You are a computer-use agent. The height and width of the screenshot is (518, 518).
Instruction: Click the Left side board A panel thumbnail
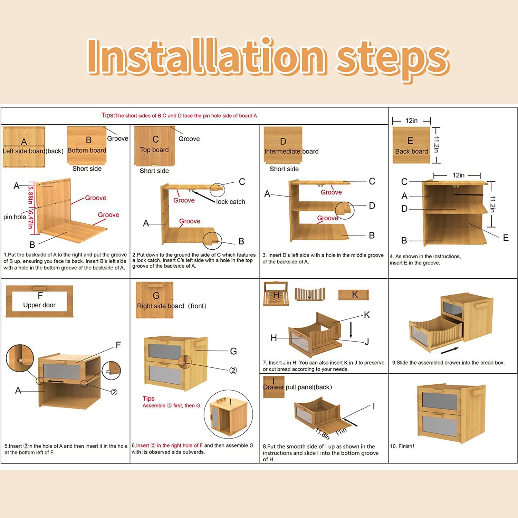point(24,147)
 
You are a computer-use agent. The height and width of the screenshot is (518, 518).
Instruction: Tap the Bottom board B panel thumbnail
point(87,145)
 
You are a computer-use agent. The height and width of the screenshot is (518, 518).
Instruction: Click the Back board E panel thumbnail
point(411,145)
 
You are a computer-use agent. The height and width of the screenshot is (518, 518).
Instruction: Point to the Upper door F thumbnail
point(39,301)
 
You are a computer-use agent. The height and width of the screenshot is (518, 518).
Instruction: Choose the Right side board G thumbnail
point(154,300)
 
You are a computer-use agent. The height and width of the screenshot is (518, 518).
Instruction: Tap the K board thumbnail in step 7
point(354,295)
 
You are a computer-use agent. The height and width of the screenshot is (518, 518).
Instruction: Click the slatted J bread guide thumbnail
point(310,294)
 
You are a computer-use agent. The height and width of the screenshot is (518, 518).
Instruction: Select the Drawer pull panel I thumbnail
point(274,387)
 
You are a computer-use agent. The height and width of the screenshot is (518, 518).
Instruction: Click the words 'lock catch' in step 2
point(231,202)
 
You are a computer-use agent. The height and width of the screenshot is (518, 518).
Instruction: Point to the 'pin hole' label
point(15,217)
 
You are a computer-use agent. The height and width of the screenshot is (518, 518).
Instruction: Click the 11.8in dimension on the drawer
point(322,433)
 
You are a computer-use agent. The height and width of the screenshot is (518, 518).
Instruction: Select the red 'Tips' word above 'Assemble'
point(148,399)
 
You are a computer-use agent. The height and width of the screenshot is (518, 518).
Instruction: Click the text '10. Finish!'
point(402,446)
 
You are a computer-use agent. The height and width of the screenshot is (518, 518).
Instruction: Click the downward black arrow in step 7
point(351,330)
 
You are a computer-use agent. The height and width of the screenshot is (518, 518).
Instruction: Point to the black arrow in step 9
point(450,351)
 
